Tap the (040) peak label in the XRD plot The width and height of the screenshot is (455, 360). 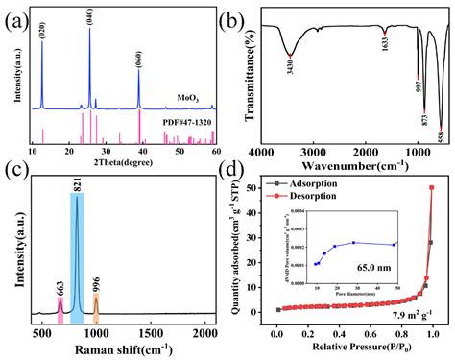pos(88,17)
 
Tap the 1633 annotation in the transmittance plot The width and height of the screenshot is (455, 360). pos(383,44)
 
